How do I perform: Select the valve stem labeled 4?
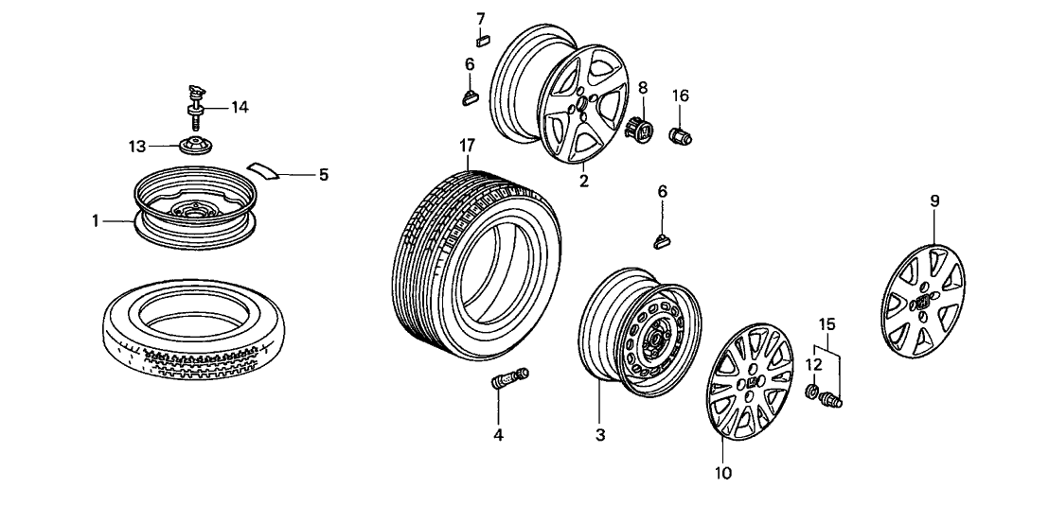click(508, 381)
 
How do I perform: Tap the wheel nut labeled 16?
click(681, 136)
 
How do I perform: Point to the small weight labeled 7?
click(481, 41)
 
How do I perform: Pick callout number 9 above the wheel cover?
click(933, 200)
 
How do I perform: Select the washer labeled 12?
click(813, 391)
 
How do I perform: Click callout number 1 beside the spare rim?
click(97, 220)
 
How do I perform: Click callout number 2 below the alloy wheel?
click(584, 181)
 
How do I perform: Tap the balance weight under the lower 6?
click(663, 239)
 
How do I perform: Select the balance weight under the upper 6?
click(471, 92)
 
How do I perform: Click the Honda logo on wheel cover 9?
click(920, 303)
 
